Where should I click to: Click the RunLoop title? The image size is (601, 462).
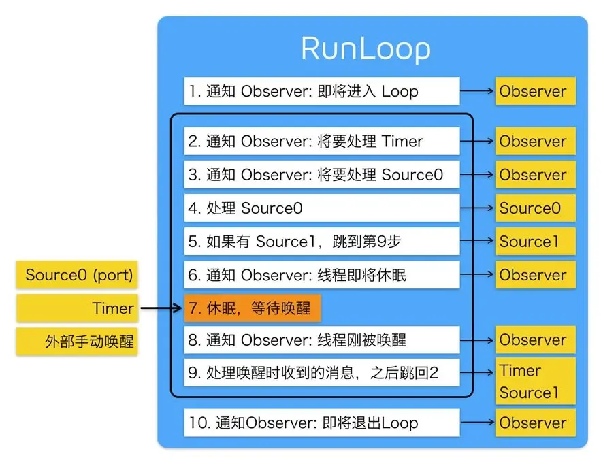coord(366,50)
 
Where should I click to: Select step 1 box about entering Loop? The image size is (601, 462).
coord(321,91)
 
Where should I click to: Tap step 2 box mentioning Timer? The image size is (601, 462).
coord(321,142)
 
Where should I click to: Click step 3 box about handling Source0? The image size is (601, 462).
coord(321,175)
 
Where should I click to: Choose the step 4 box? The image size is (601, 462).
coord(321,208)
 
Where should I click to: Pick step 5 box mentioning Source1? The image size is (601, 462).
coord(321,242)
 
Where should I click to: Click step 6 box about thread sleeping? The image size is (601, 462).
coord(321,275)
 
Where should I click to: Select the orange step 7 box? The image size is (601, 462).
coord(252,308)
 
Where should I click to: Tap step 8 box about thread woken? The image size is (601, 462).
coord(321,340)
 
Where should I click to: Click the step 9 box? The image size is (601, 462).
coord(321,372)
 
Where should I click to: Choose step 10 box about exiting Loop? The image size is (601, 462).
coord(321,423)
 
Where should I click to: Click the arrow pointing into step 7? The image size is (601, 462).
coord(161,309)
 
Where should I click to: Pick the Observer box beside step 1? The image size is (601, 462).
coord(535,91)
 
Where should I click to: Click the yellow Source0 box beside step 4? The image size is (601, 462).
coord(535,208)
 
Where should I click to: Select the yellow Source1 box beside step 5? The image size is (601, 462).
coord(535,242)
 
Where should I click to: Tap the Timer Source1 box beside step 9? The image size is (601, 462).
coord(535,381)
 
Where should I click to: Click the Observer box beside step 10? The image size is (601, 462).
coord(535,423)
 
